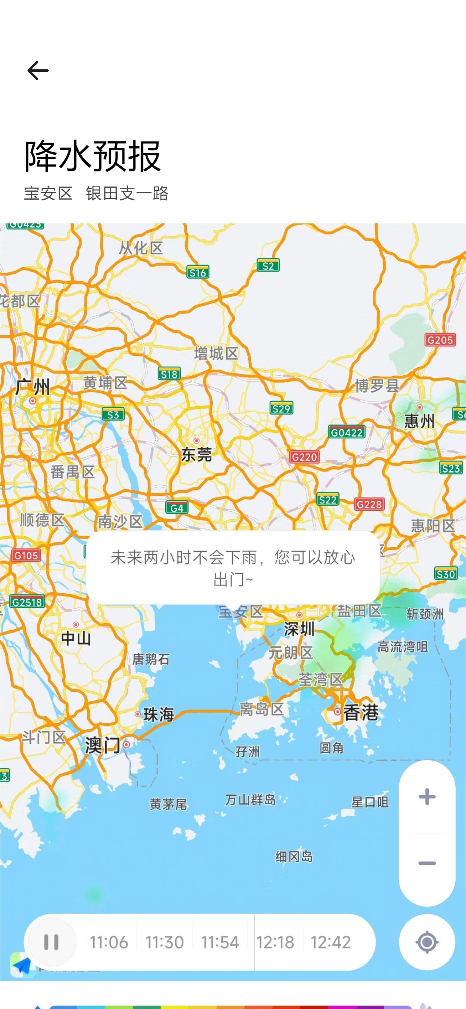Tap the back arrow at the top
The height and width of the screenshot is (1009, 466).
click(x=38, y=71)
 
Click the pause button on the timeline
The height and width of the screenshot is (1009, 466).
click(x=51, y=942)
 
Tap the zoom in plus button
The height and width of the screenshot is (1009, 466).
click(x=427, y=797)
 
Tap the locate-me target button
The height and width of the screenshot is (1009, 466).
click(x=427, y=942)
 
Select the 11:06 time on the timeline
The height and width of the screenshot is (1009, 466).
click(x=109, y=942)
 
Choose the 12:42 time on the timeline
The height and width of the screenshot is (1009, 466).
click(x=331, y=942)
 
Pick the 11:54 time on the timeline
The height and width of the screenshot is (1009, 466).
click(x=220, y=942)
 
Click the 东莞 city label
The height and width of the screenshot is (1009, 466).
click(x=196, y=454)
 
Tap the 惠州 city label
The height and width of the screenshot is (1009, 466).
click(x=419, y=420)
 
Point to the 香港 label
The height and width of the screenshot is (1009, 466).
click(x=360, y=712)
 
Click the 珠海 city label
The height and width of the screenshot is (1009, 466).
click(x=158, y=714)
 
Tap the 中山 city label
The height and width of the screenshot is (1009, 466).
click(x=76, y=638)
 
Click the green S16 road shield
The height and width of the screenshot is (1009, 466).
click(x=198, y=273)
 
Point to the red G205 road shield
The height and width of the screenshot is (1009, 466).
click(x=440, y=340)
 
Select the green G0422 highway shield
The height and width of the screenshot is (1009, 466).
click(x=347, y=432)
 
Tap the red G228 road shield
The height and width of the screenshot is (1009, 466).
click(x=369, y=504)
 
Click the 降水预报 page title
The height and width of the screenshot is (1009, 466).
click(x=92, y=156)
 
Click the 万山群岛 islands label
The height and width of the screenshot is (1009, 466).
click(x=250, y=799)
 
